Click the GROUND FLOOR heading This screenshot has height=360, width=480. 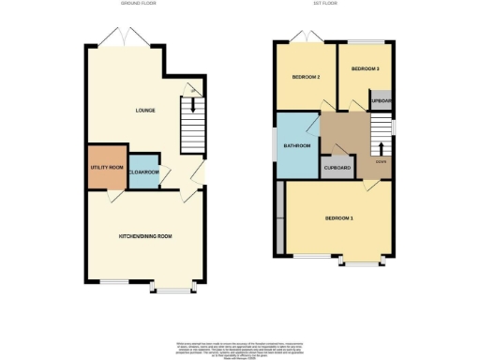(x=137, y=5)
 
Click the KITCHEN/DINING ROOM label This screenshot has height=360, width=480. (x=143, y=234)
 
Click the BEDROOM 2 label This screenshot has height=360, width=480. (x=306, y=77)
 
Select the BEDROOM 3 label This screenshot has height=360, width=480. (x=365, y=69)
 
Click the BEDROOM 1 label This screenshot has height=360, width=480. (x=338, y=217)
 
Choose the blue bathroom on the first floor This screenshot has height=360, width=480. (x=297, y=145)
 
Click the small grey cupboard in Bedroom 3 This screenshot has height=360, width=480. (x=381, y=100)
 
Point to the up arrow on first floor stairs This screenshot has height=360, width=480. (x=382, y=148)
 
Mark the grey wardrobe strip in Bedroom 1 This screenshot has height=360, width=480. (x=281, y=217)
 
